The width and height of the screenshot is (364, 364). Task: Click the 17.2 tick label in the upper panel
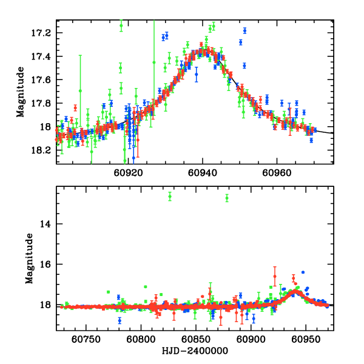[x=44, y=33]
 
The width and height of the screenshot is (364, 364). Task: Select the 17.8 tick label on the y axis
[x=44, y=103]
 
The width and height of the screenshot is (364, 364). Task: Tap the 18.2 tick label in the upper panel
[x=44, y=150]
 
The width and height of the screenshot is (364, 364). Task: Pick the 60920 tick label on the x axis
[x=129, y=172]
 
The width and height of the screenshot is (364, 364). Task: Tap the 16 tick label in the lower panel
[x=49, y=265]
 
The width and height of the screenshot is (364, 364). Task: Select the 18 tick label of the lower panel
[x=49, y=306]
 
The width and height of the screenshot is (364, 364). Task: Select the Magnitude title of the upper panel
[x=21, y=92]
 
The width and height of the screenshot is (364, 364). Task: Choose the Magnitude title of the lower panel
[x=29, y=258]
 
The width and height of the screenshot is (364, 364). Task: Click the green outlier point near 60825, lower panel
[x=170, y=196]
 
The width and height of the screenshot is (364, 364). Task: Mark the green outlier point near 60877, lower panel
[x=227, y=198]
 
